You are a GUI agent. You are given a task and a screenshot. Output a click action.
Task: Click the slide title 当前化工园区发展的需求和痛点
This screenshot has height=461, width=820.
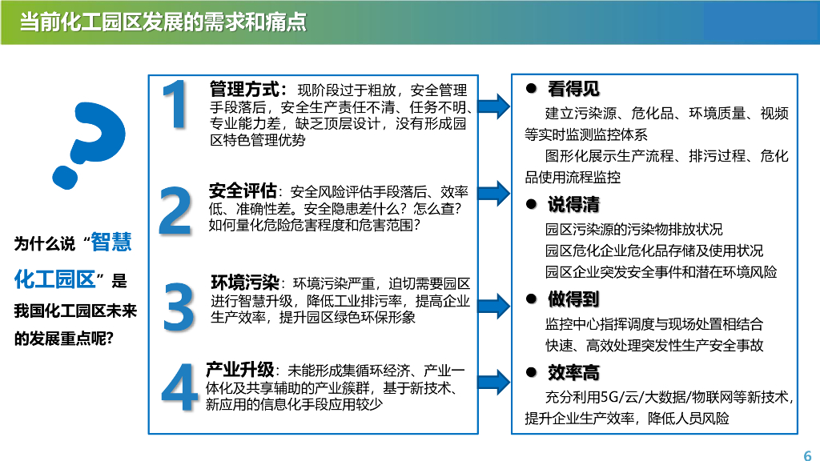click(163, 22)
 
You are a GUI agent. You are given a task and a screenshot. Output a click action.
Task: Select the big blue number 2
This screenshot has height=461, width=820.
click(175, 210)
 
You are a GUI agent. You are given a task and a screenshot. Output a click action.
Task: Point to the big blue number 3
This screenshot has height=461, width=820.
click(178, 305)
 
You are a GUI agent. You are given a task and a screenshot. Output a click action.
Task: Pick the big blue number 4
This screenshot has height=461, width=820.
click(178, 387)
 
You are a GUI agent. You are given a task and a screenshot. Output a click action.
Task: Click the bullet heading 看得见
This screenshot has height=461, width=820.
click(573, 89)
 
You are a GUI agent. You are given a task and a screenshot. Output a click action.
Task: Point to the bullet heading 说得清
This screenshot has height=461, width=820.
click(573, 205)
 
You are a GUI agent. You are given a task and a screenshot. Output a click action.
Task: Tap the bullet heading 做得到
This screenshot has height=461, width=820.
click(573, 299)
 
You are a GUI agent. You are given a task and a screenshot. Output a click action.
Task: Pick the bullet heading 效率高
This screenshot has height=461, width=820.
click(573, 373)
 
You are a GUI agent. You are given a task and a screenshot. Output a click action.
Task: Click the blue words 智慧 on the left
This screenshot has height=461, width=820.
click(111, 242)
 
